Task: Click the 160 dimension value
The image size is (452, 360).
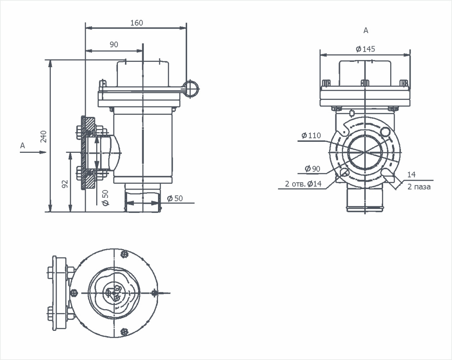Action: coord(137,23)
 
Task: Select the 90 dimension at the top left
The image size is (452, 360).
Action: coord(114,44)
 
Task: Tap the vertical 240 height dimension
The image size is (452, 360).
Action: coord(43,137)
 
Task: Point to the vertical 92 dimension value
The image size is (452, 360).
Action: coord(64,184)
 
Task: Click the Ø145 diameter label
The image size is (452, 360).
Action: coord(365,49)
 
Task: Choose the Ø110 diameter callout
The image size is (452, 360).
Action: coord(311,136)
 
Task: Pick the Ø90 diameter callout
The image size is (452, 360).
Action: coord(313,169)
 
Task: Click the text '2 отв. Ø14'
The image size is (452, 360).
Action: coord(304,184)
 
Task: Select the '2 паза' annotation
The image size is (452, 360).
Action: coord(418,187)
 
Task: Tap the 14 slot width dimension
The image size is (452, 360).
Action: coord(411,174)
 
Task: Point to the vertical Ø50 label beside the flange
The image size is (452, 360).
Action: coord(105,198)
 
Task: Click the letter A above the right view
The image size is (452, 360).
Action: coord(365,30)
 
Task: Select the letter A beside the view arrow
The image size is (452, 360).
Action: coord(23,145)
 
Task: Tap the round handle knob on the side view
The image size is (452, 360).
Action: coord(191,88)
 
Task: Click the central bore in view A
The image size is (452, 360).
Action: coord(365,152)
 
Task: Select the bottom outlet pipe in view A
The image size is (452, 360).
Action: coord(365,199)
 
